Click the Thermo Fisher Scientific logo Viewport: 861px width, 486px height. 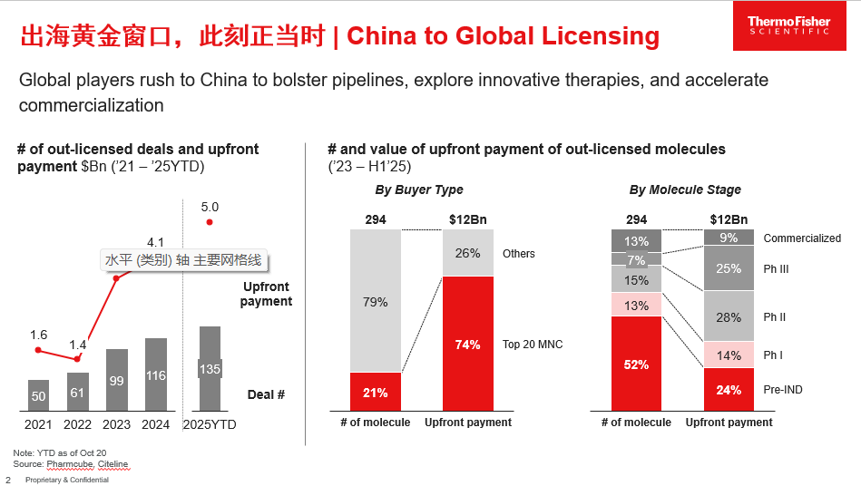788,25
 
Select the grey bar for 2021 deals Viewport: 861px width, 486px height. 38,395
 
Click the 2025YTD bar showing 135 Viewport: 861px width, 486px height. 210,368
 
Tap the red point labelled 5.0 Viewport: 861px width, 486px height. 210,222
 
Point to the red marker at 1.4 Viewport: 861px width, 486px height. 77,359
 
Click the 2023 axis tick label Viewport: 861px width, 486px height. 116,423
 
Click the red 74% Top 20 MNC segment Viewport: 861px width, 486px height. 468,344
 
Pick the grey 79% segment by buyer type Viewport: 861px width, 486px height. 376,301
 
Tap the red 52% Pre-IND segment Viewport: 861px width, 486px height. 636,364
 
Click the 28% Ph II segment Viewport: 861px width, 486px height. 729,316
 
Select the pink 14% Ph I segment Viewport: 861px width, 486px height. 729,355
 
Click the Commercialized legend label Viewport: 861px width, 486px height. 801,238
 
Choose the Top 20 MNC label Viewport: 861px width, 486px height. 533,345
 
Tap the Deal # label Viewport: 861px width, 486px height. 266,394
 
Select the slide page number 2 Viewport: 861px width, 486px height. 8,480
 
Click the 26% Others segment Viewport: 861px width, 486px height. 468,253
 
